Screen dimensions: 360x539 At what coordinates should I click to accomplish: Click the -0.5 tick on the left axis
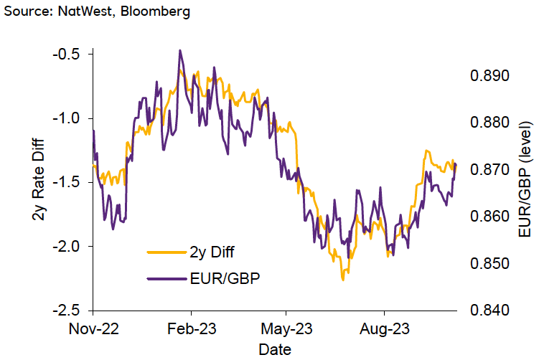pyautogui.click(x=66, y=55)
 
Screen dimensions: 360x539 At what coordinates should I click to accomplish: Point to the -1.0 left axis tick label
pyautogui.click(x=66, y=118)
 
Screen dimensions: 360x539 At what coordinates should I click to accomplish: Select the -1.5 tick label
pyautogui.click(x=66, y=182)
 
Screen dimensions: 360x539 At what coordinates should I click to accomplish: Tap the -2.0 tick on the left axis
pyautogui.click(x=66, y=247)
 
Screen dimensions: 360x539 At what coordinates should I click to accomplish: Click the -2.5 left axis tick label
pyautogui.click(x=66, y=311)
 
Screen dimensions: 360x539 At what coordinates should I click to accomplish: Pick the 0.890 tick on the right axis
pyautogui.click(x=489, y=76)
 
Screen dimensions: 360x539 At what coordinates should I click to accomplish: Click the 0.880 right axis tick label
pyautogui.click(x=489, y=123)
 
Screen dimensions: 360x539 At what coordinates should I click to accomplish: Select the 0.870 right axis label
pyautogui.click(x=489, y=170)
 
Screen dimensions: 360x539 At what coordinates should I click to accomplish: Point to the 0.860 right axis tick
pyautogui.click(x=489, y=217)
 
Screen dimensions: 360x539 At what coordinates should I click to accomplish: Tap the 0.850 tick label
pyautogui.click(x=489, y=264)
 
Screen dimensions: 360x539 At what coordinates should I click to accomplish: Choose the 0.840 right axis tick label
pyautogui.click(x=489, y=311)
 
